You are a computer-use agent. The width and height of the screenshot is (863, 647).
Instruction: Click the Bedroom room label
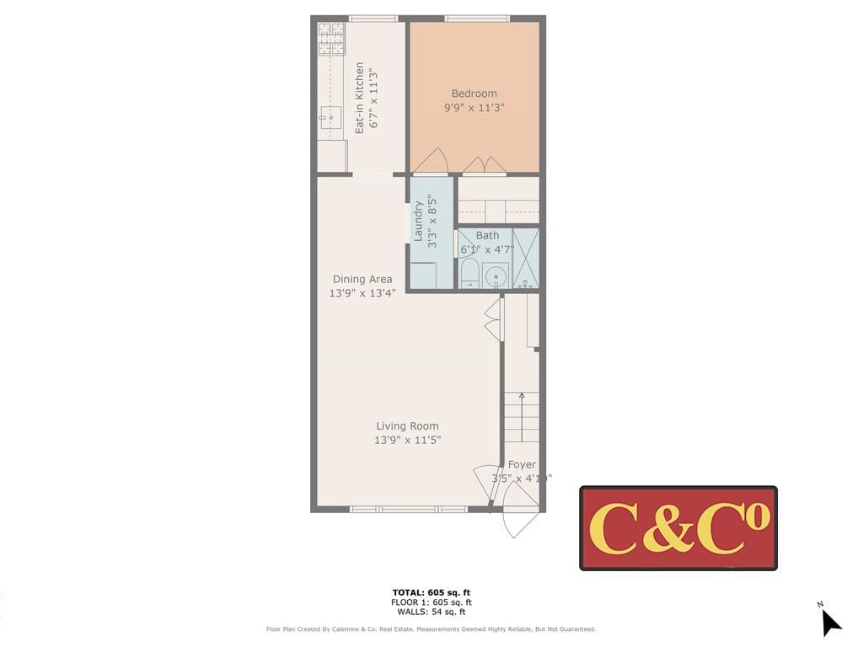(x=474, y=94)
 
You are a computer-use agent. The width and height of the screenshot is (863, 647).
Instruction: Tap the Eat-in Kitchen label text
(x=360, y=98)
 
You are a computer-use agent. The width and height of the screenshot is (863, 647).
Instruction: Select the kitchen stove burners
(x=331, y=38)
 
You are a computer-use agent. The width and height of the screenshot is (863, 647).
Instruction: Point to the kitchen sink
(x=331, y=117)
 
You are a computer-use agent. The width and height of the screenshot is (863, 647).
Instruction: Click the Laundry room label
(x=418, y=221)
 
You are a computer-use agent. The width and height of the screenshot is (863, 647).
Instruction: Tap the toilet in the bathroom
(x=469, y=274)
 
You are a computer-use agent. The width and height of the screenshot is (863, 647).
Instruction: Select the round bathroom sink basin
(x=496, y=275)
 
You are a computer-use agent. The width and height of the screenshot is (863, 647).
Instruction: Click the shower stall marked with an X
(x=526, y=258)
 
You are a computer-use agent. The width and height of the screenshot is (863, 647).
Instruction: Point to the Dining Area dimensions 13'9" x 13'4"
(x=362, y=293)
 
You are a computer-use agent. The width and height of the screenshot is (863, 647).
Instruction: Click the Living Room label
(x=407, y=426)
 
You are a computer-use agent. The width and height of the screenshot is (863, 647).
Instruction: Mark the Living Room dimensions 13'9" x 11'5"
(x=408, y=440)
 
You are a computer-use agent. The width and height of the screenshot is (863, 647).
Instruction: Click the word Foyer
(x=522, y=464)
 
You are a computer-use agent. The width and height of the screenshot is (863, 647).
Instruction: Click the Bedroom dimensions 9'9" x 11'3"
(x=474, y=108)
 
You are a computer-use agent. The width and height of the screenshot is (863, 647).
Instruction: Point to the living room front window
(x=408, y=509)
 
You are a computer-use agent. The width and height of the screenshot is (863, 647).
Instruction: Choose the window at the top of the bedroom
(x=477, y=18)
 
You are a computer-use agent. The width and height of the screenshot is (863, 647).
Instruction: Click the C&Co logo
(x=678, y=528)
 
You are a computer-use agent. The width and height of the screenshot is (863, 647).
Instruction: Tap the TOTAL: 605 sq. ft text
(x=431, y=592)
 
